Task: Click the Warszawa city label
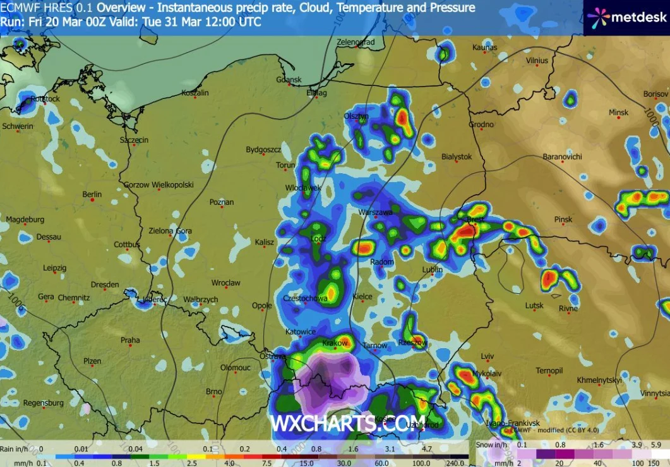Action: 376,212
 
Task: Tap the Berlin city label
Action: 92,194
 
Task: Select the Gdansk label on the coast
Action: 289,80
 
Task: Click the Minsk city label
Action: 618,112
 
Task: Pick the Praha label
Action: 130,340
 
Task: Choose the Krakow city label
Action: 335,343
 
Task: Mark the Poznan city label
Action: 221,202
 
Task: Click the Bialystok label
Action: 457,156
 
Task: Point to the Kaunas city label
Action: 484,47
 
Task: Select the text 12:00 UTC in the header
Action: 236,21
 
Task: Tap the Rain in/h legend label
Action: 15,449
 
